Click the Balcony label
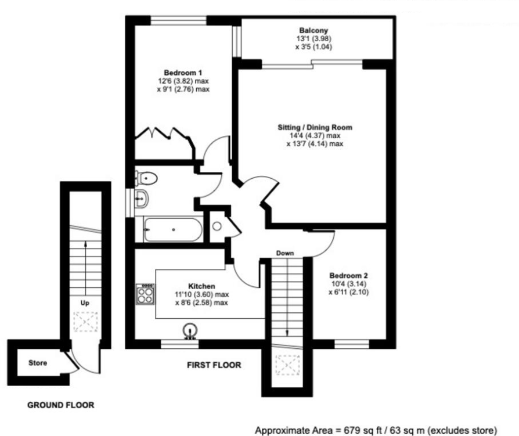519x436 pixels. (x=313, y=30)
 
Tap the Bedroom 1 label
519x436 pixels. (x=183, y=73)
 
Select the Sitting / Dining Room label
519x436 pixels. (x=315, y=128)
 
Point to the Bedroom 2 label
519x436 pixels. (x=348, y=275)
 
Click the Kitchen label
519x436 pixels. (x=201, y=286)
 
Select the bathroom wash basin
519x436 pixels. (x=142, y=199)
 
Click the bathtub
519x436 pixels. (x=173, y=229)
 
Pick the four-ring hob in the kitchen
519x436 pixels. (x=145, y=294)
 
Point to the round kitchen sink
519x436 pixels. (x=190, y=330)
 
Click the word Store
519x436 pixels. (x=38, y=363)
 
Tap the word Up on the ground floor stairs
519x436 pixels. (x=85, y=303)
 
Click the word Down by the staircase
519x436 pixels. (x=285, y=253)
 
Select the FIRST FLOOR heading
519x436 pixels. (x=214, y=365)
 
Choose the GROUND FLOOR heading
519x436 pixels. (x=60, y=405)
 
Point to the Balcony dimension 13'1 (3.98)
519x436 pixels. (x=314, y=39)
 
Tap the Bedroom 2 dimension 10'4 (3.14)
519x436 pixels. (x=349, y=284)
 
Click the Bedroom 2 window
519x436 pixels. (x=352, y=344)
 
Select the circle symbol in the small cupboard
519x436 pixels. (x=217, y=226)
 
